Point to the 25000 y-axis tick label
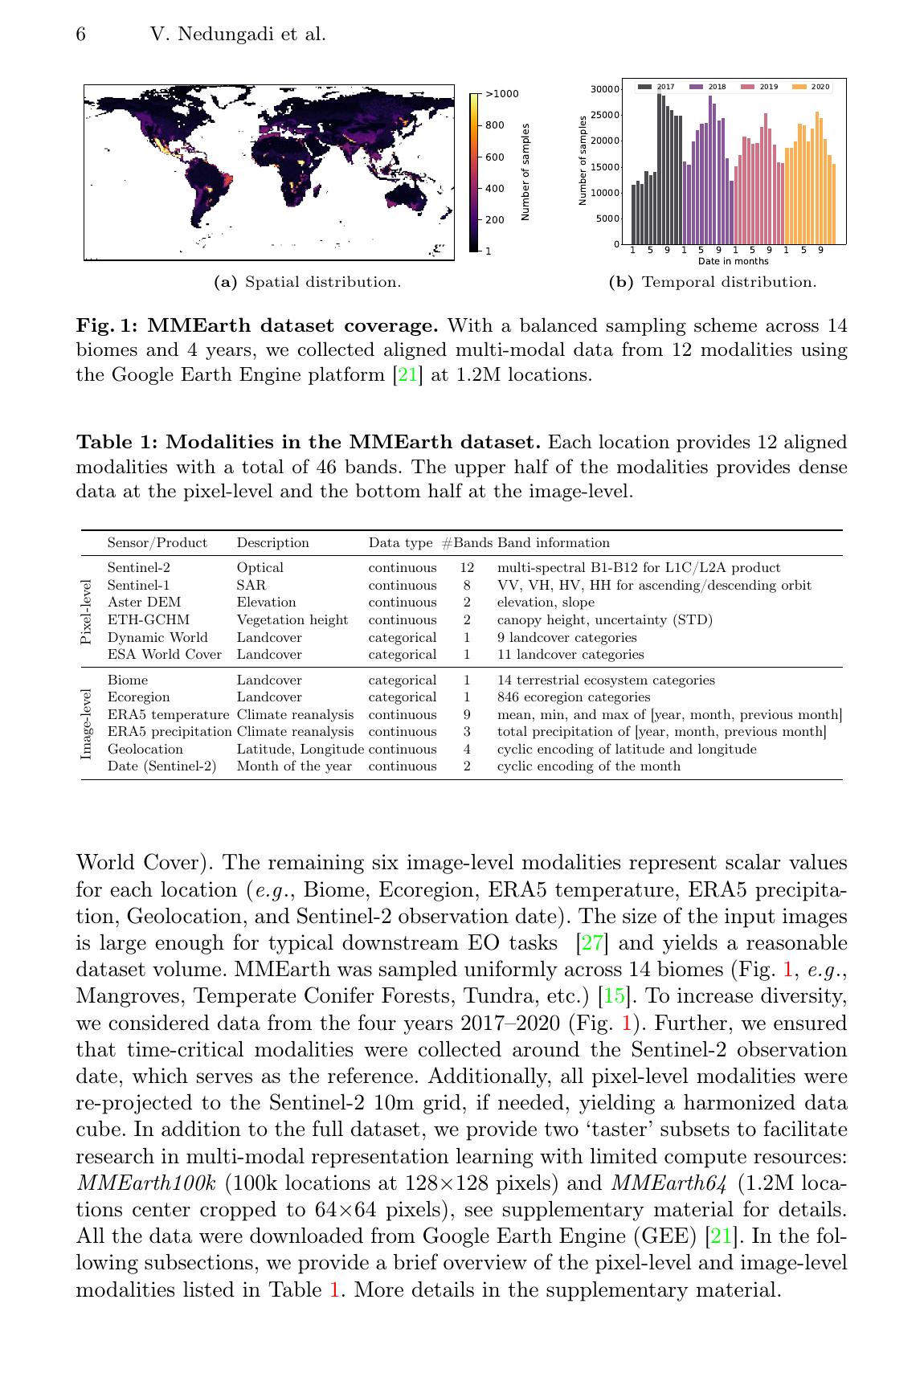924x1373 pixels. (x=604, y=115)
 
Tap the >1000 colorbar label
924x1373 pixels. (x=502, y=94)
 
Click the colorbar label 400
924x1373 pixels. (x=495, y=189)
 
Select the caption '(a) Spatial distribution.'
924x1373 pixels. (x=307, y=282)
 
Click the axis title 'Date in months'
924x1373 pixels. (x=733, y=261)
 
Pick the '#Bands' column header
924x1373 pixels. (x=467, y=543)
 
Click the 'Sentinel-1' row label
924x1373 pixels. (x=138, y=585)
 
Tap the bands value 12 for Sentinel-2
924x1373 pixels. (x=467, y=568)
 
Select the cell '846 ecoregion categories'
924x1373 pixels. (x=574, y=697)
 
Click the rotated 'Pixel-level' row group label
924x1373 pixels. (x=87, y=611)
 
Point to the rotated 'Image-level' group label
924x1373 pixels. (x=87, y=723)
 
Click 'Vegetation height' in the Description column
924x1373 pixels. (x=292, y=620)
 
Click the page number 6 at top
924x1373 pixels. (x=81, y=35)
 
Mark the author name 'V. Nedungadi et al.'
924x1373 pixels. (x=238, y=35)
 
